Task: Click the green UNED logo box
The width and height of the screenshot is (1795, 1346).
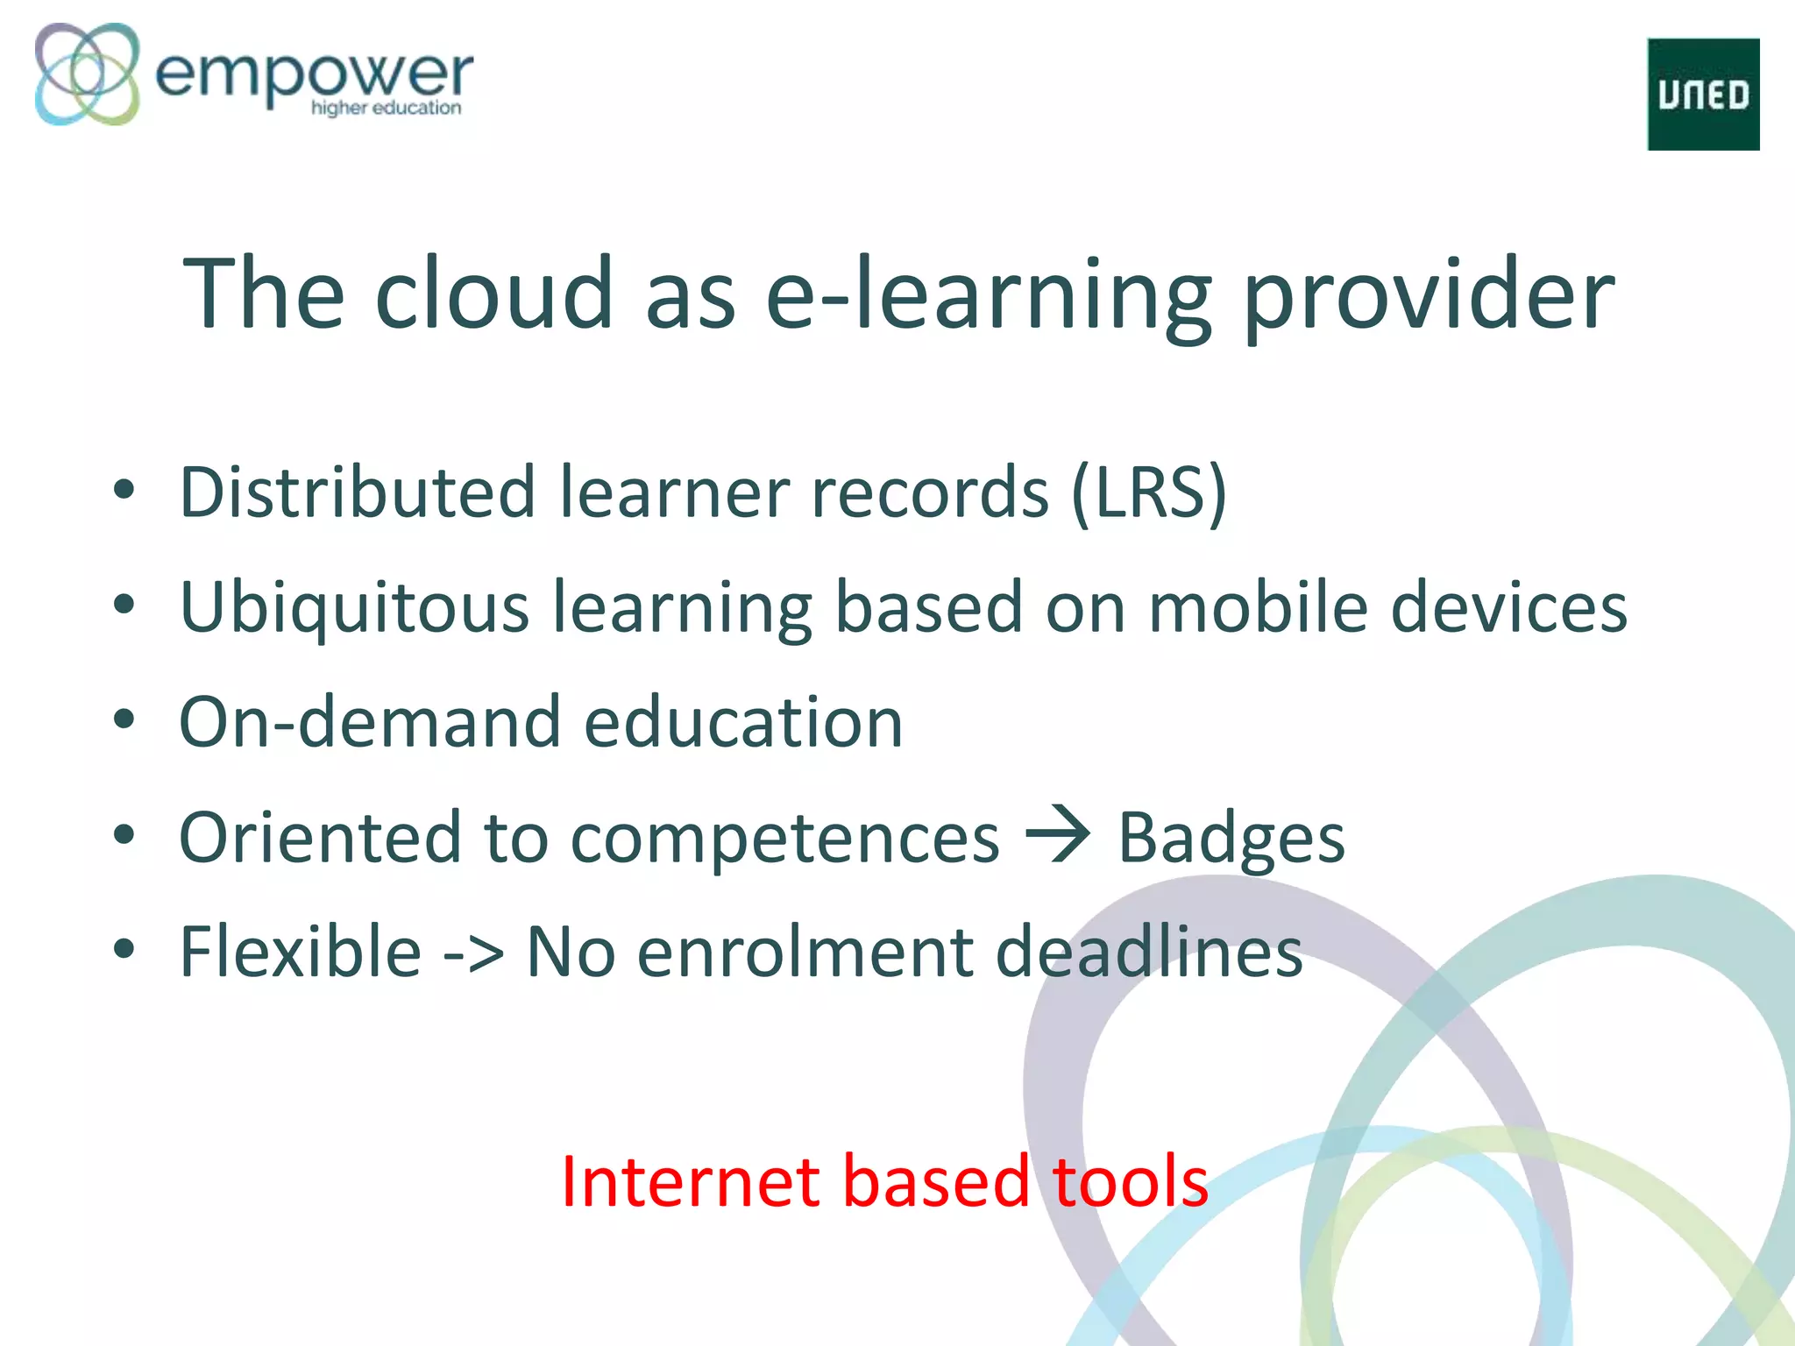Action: (1703, 94)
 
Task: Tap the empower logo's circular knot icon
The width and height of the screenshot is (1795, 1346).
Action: (87, 74)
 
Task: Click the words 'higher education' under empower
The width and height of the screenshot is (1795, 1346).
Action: (386, 108)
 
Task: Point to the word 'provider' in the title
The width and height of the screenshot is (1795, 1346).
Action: (1429, 298)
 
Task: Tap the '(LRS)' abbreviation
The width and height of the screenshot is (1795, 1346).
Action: (1149, 492)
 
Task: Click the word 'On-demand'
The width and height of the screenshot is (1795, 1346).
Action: (369, 723)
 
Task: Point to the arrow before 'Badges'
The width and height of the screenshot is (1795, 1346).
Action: (1058, 835)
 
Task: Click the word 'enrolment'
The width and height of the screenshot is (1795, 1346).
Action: (805, 953)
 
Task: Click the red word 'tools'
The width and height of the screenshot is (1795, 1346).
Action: (1129, 1182)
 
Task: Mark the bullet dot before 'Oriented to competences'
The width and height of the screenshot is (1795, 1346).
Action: (124, 835)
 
